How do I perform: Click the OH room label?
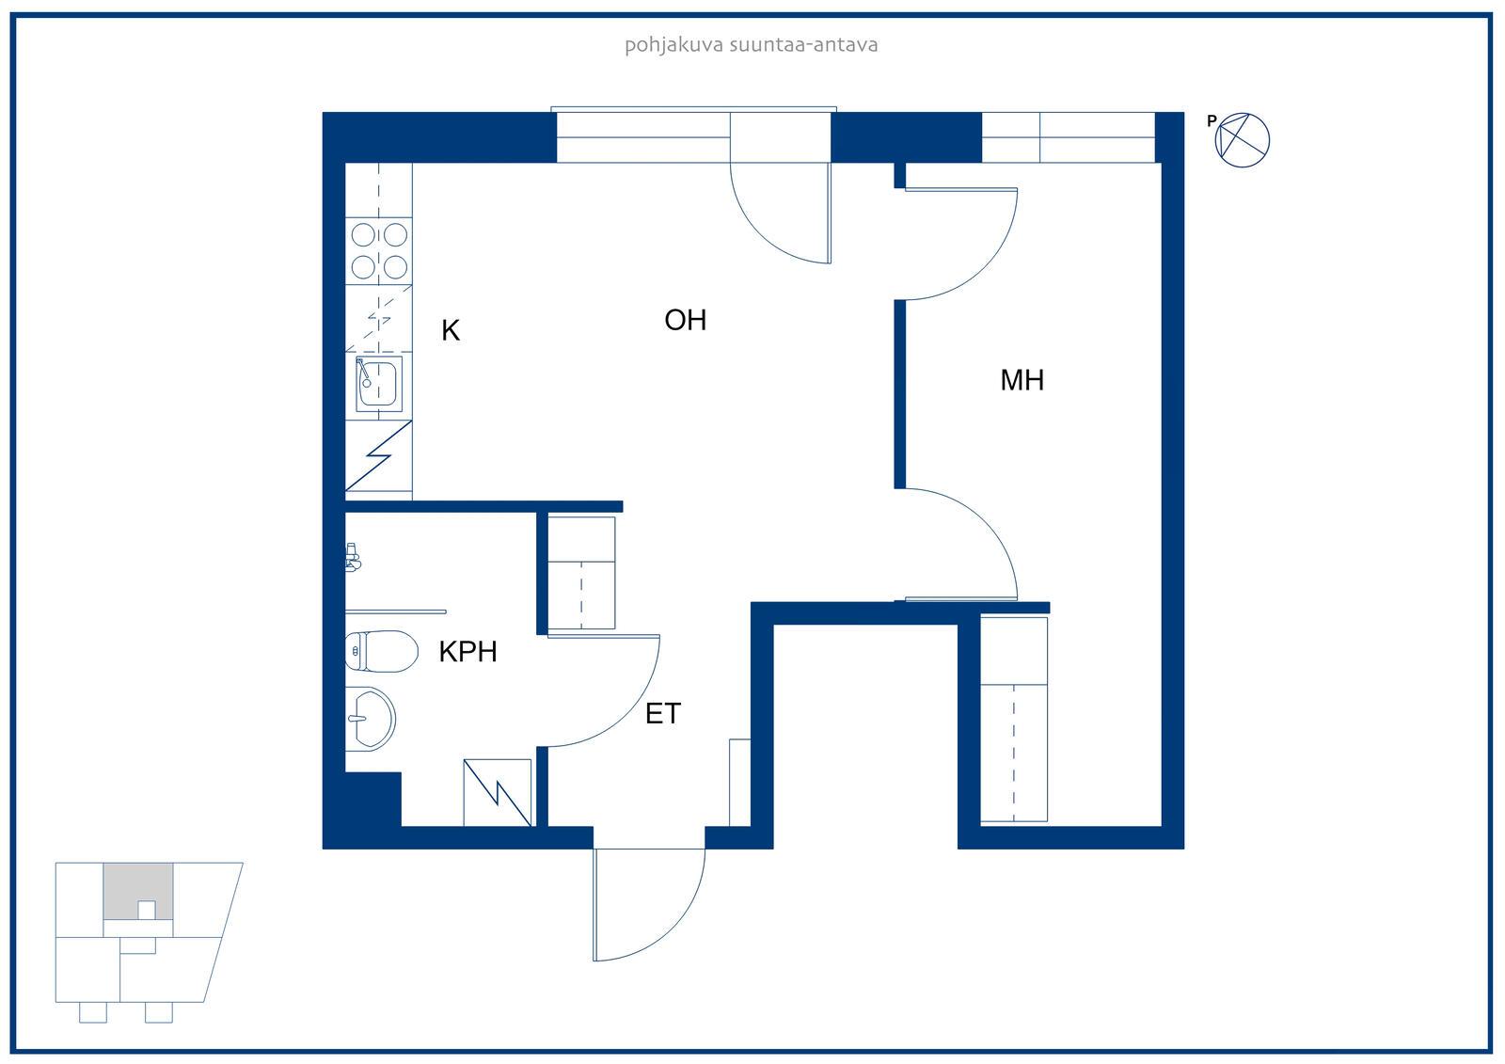(686, 320)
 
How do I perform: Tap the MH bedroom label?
(1022, 380)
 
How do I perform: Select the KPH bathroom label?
(467, 652)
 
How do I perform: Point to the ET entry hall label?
(663, 713)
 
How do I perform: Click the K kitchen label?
(451, 331)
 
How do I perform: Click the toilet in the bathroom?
(381, 651)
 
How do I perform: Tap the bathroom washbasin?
(371, 719)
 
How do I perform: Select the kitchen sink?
(379, 384)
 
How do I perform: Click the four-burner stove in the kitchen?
(379, 251)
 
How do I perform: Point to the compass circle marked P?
(1243, 140)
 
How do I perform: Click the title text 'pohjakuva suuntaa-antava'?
(752, 45)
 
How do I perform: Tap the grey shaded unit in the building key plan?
(138, 891)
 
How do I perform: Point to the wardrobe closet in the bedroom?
(1014, 719)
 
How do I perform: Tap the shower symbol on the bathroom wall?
(353, 557)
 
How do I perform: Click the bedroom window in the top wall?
(1069, 137)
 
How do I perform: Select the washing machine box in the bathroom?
(498, 792)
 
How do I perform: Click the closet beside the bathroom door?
(581, 573)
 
